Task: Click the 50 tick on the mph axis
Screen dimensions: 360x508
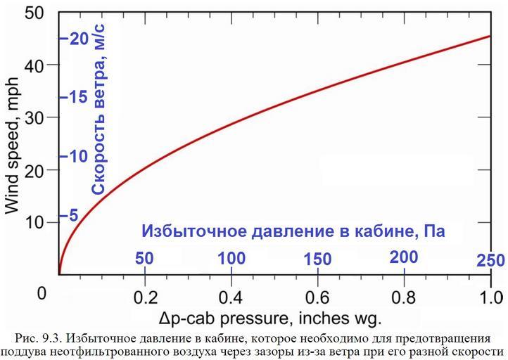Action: click(x=35, y=12)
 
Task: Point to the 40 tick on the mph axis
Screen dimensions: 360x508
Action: click(x=35, y=65)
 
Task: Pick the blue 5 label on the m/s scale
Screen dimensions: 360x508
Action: click(x=74, y=215)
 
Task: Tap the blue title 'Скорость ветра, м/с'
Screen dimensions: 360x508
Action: click(x=99, y=108)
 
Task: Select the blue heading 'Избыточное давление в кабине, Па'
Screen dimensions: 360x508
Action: click(x=293, y=231)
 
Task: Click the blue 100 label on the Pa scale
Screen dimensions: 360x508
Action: click(x=231, y=258)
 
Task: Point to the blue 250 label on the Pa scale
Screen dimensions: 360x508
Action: click(x=490, y=261)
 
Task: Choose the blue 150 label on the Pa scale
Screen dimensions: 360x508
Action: click(x=318, y=259)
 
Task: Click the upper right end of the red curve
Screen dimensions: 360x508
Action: click(x=490, y=36)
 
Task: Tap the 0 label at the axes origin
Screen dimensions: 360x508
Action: click(x=42, y=292)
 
